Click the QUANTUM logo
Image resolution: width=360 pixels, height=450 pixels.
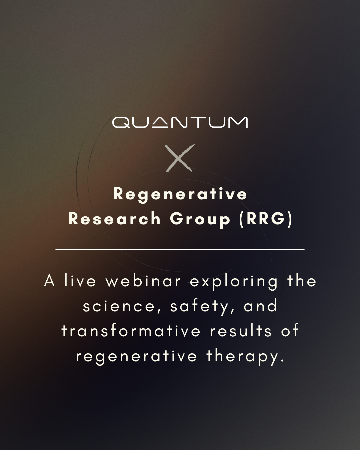click(x=180, y=122)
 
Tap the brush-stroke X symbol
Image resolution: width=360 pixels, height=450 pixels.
click(x=180, y=158)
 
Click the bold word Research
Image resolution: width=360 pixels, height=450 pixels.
click(x=114, y=219)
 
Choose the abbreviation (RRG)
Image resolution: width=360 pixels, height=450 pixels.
click(x=265, y=219)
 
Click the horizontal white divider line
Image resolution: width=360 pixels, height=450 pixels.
click(x=180, y=249)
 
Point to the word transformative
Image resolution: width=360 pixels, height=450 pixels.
click(x=131, y=331)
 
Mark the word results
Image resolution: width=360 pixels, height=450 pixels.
click(x=241, y=331)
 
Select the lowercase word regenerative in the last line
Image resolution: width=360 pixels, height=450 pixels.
click(x=136, y=357)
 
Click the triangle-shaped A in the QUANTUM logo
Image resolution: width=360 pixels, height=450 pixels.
click(x=160, y=123)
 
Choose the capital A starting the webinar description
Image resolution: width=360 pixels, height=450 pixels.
click(x=50, y=281)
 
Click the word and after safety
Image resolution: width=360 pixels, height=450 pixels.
click(x=260, y=306)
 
